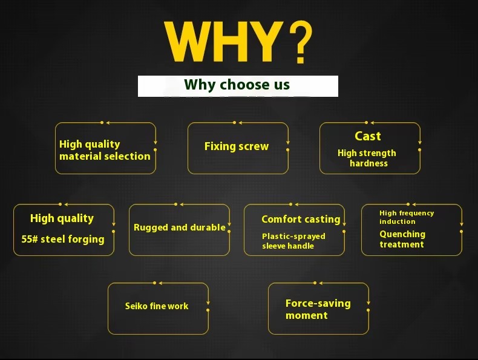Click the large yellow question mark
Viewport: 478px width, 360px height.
point(301,42)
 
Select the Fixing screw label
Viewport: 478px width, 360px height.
point(237,146)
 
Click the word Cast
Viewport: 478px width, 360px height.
point(368,136)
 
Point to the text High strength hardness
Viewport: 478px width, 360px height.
point(367,158)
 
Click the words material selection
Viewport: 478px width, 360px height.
point(105,156)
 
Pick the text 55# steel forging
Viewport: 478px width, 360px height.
point(63,239)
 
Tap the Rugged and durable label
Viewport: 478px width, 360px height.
point(180,227)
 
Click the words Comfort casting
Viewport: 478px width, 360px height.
point(301,219)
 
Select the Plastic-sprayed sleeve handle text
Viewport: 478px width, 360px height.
point(293,241)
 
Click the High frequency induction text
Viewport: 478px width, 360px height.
point(407,217)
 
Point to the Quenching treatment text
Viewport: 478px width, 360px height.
point(402,239)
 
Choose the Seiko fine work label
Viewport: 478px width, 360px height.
point(157,306)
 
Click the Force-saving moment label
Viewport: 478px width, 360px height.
point(318,309)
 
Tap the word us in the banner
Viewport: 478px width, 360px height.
point(282,85)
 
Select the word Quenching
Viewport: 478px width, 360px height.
point(402,234)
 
